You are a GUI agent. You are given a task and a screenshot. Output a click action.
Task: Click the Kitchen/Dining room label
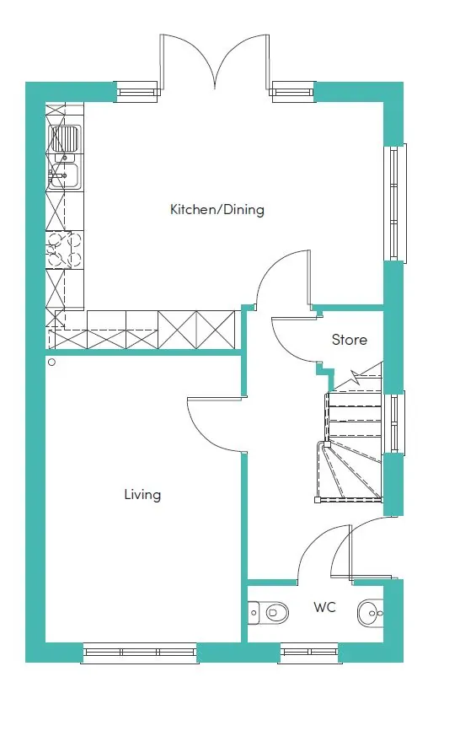pyautogui.click(x=217, y=209)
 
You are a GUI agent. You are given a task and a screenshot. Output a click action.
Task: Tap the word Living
pyautogui.click(x=142, y=495)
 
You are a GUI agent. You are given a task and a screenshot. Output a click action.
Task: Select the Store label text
pyautogui.click(x=350, y=340)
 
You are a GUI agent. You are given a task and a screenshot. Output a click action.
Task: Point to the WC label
pyautogui.click(x=324, y=607)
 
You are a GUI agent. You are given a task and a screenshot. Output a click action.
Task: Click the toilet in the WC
pyautogui.click(x=268, y=612)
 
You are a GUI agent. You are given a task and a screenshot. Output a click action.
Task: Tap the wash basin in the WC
pyautogui.click(x=371, y=613)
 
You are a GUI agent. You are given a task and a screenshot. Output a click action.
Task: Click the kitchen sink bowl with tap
pyautogui.click(x=64, y=175)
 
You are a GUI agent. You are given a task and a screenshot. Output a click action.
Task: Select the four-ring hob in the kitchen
pyautogui.click(x=64, y=249)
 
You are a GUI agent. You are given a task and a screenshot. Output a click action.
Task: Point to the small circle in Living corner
pyautogui.click(x=51, y=362)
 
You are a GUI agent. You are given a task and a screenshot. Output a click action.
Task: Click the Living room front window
pyautogui.click(x=139, y=652)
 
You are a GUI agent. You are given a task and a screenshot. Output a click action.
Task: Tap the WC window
pyautogui.click(x=309, y=652)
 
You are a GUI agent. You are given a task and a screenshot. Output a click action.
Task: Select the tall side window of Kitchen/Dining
pyautogui.click(x=395, y=203)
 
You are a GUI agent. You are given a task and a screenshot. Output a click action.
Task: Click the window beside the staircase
pyautogui.click(x=394, y=423)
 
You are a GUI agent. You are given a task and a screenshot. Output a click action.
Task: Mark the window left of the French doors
pyautogui.click(x=136, y=92)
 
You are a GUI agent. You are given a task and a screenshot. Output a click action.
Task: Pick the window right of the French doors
pyautogui.click(x=292, y=92)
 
